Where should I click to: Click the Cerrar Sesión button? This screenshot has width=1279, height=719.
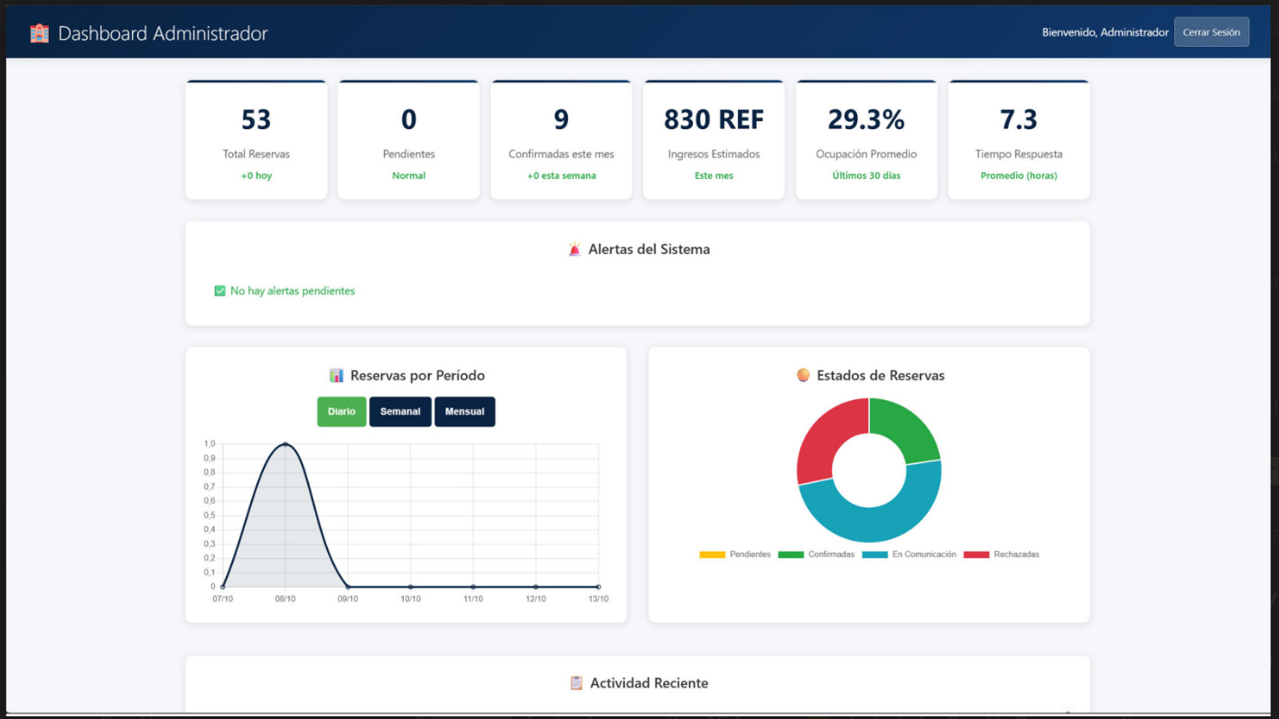pos(1211,33)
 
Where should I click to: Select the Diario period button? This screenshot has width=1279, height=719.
pos(341,412)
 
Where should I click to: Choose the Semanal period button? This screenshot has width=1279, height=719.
pos(400,412)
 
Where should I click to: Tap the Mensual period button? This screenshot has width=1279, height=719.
pos(464,412)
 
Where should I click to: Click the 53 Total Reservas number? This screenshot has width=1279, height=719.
pos(256,119)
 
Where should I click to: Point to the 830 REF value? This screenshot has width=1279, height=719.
pos(714,119)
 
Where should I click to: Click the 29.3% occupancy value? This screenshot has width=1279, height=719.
pos(866,119)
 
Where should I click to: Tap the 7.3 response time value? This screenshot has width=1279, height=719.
pos(1018,119)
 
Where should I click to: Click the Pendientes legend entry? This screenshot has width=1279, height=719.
pos(735,555)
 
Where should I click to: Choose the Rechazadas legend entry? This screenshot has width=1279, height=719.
pos(1002,555)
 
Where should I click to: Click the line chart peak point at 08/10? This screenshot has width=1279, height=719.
pos(285,444)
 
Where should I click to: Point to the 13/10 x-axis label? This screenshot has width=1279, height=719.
pos(598,599)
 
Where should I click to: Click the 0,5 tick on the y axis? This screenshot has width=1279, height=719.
pos(210,516)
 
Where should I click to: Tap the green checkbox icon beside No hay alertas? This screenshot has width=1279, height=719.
pos(219,291)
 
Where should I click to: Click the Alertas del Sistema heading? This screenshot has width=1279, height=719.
pos(649,249)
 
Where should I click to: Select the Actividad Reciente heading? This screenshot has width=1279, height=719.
pos(649,683)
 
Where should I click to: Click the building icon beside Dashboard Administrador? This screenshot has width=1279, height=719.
pos(39,33)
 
